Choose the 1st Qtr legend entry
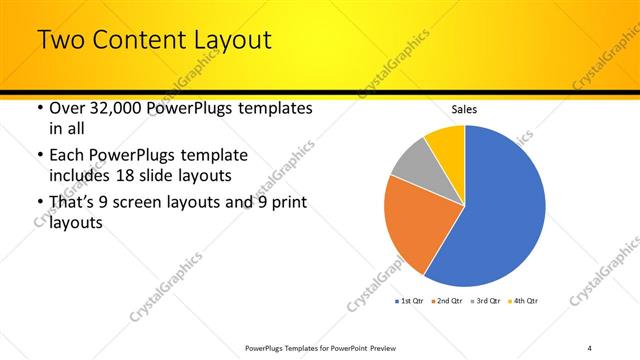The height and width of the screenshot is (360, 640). click(x=411, y=301)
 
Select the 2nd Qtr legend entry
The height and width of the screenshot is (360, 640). click(x=447, y=301)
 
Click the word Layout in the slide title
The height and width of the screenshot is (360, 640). click(x=229, y=41)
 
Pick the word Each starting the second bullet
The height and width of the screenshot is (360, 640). click(x=68, y=156)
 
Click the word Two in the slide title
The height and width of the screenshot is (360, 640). click(x=61, y=41)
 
